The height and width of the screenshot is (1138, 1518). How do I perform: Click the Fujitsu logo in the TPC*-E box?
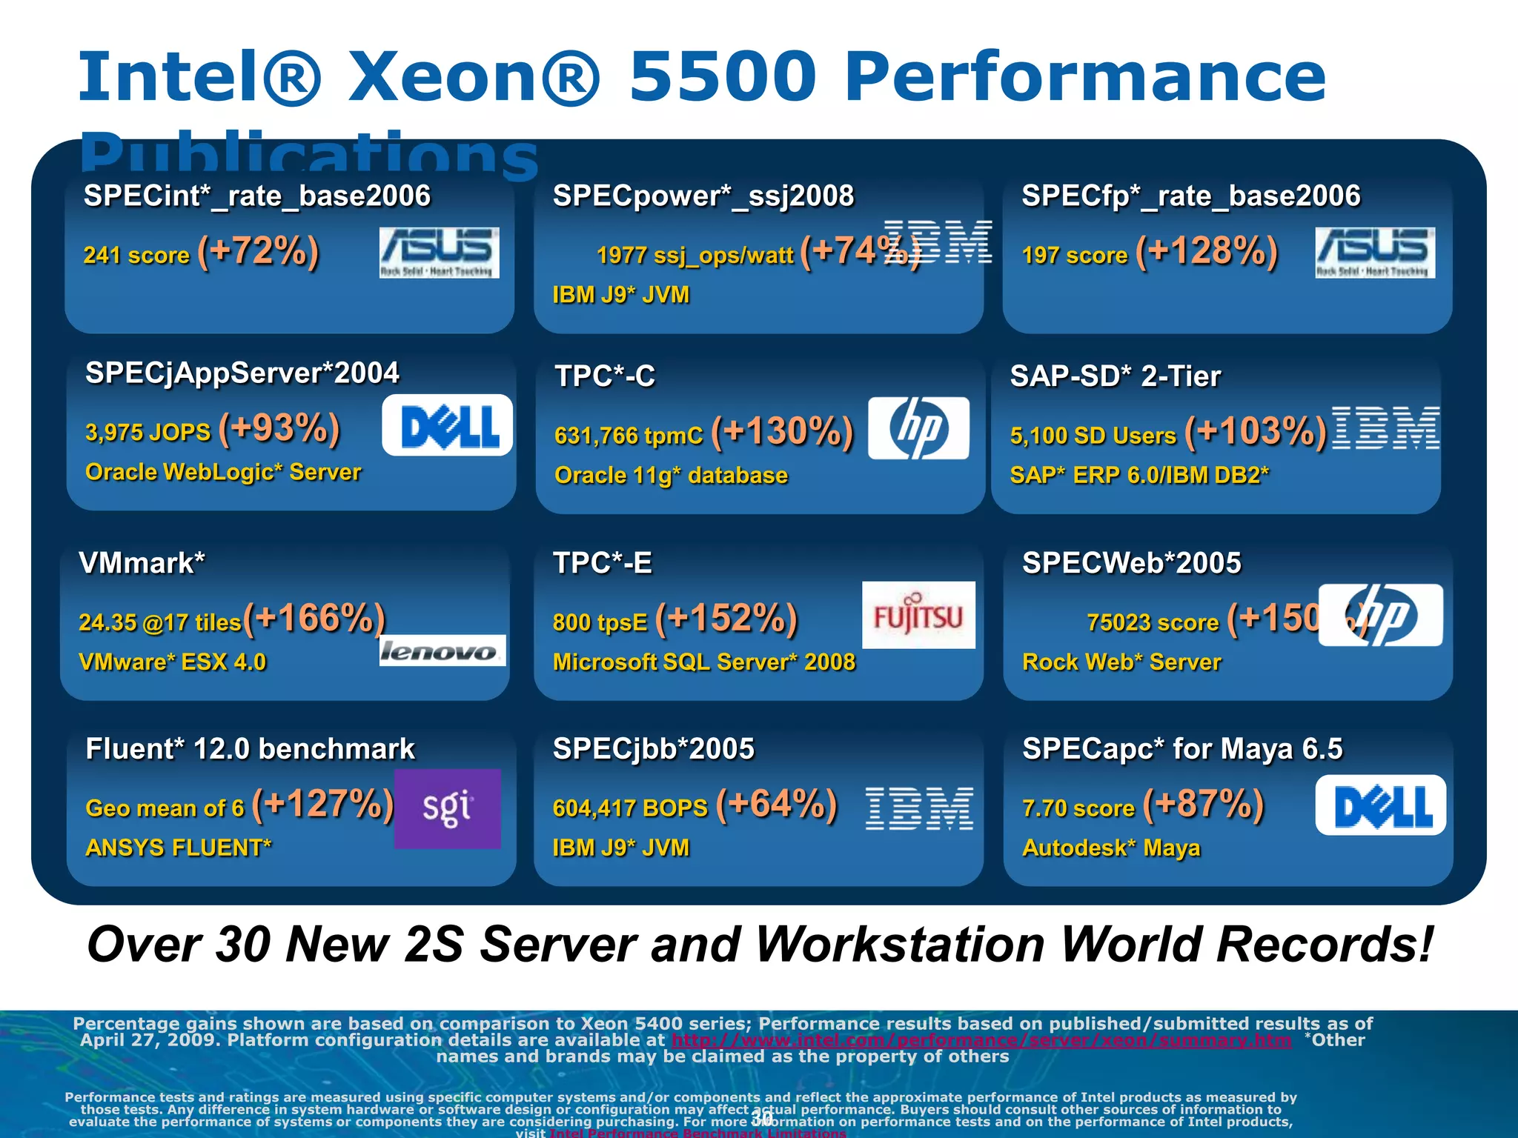[x=918, y=615]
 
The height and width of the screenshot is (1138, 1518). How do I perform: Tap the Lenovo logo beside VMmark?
[x=443, y=650]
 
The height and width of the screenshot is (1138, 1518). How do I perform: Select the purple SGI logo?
[x=447, y=808]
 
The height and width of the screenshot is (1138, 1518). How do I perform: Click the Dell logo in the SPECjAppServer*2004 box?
[x=447, y=425]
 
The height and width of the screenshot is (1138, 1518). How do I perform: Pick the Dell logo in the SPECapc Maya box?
[x=1380, y=805]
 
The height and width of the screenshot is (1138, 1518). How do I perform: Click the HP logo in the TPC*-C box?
[x=918, y=428]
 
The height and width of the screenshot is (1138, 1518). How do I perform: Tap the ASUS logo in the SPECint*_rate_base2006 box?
[x=440, y=253]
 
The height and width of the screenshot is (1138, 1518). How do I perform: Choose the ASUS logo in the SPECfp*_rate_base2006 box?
[x=1375, y=253]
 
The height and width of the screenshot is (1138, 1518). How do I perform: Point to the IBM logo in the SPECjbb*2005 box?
[x=919, y=808]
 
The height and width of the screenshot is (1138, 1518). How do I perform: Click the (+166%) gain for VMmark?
[x=314, y=618]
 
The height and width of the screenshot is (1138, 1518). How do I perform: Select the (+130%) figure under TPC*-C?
[x=782, y=431]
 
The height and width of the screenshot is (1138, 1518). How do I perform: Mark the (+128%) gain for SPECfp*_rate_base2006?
[x=1207, y=251]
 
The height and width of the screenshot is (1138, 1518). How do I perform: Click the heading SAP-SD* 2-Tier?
[x=1115, y=376]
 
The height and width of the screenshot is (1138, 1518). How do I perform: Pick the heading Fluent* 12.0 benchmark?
[x=250, y=749]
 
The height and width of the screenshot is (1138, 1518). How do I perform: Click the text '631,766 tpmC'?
[x=629, y=436]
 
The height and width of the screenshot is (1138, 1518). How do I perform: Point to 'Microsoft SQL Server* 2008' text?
[x=704, y=662]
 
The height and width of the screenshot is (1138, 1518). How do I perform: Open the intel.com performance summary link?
[x=981, y=1040]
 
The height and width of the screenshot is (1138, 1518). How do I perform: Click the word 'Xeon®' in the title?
[x=474, y=76]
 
